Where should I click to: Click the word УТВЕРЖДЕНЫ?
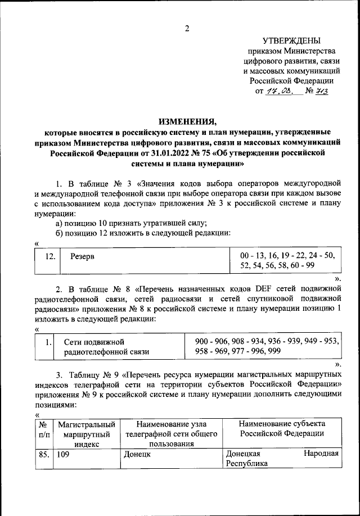point(291,40)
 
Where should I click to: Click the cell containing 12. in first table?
point(49,256)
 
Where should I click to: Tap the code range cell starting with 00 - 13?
point(287,260)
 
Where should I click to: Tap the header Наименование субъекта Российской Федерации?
point(281,428)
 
